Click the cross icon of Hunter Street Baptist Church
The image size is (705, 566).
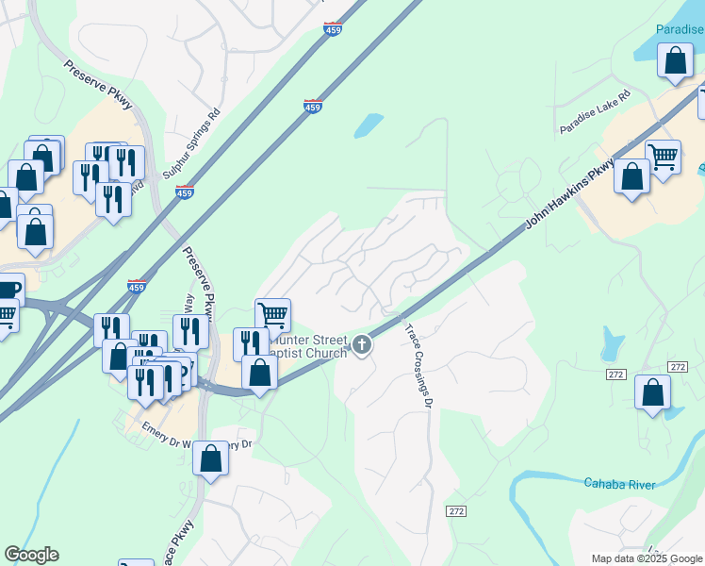(362, 346)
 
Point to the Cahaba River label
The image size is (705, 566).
(618, 484)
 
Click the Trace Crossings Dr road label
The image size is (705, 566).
(418, 365)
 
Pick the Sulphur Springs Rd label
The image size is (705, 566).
(191, 141)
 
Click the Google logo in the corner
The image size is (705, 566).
(31, 555)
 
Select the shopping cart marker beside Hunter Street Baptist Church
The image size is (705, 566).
(272, 315)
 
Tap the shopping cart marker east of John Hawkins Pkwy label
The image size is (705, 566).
(664, 157)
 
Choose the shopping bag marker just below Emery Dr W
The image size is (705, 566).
(211, 459)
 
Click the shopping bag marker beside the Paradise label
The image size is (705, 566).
(675, 62)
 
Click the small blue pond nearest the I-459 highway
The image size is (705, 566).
(369, 125)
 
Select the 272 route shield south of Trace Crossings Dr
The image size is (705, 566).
(457, 510)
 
